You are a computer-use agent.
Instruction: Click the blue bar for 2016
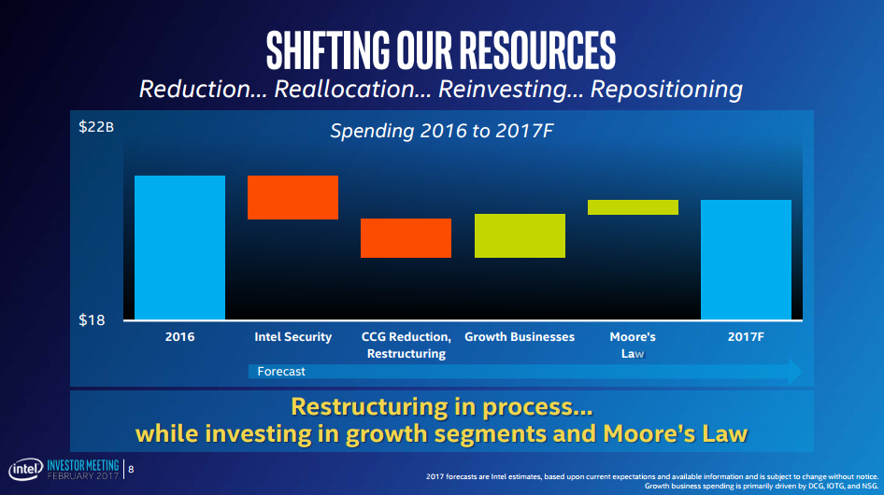pyautogui.click(x=179, y=247)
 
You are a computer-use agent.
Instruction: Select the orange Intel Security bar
pyautogui.click(x=292, y=197)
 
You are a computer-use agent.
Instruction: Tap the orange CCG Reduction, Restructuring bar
pyautogui.click(x=406, y=238)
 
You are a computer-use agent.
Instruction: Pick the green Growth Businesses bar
pyautogui.click(x=520, y=235)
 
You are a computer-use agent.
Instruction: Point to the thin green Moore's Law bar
pyautogui.click(x=633, y=207)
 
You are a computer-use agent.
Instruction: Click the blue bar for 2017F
pyautogui.click(x=746, y=260)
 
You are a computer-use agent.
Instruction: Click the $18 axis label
pyautogui.click(x=92, y=320)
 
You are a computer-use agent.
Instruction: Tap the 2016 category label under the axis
pyautogui.click(x=179, y=336)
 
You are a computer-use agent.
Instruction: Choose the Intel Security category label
pyautogui.click(x=292, y=336)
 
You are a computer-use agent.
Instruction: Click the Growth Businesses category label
pyautogui.click(x=520, y=336)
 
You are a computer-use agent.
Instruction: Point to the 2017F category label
pyautogui.click(x=746, y=336)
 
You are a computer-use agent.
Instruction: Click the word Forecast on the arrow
pyautogui.click(x=281, y=371)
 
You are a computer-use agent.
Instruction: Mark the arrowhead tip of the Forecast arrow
pyautogui.click(x=801, y=371)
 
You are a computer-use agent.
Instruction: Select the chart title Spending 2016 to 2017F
pyautogui.click(x=442, y=131)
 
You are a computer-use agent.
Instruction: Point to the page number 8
pyautogui.click(x=131, y=470)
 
